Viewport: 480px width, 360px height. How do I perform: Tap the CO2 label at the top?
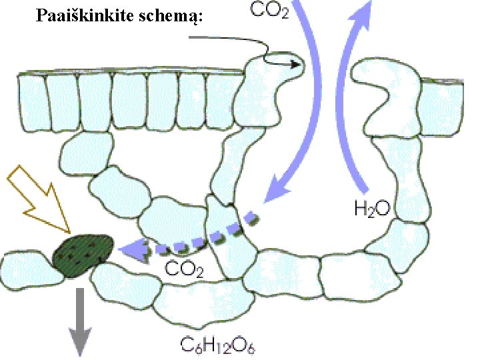pos(269,11)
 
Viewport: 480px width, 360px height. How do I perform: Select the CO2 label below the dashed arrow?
pos(184,269)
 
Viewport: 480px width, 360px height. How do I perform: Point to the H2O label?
pos(373,209)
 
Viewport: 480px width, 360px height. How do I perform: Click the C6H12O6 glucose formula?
pos(218,345)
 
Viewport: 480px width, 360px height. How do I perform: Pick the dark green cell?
pos(83,255)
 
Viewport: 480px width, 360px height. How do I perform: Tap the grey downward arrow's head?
pos(79,341)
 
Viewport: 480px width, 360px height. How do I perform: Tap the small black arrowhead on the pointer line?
pos(295,64)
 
